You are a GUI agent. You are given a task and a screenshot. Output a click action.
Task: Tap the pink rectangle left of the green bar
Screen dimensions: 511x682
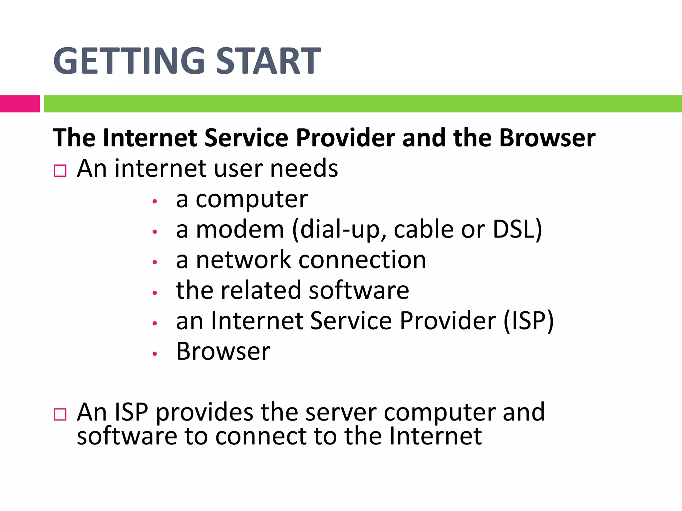tap(20, 104)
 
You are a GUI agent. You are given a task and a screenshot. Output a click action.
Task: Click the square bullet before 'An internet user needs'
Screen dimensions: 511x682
tap(60, 171)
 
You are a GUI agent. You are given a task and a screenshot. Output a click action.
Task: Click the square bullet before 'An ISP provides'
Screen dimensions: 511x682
tap(60, 415)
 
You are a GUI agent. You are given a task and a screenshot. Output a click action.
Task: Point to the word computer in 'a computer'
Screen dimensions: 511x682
tap(252, 200)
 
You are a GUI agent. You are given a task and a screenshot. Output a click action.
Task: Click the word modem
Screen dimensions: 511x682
tap(240, 230)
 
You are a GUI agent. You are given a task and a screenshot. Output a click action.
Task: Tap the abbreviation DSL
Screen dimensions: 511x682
tap(516, 230)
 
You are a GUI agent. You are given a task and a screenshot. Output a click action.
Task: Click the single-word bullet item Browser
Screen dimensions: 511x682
tap(223, 351)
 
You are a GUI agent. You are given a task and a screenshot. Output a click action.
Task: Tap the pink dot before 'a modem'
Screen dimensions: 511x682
tap(154, 232)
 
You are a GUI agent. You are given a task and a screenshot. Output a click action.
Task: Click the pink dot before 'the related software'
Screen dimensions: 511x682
tap(154, 293)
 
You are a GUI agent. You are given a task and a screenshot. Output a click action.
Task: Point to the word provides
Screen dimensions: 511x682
tap(204, 413)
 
